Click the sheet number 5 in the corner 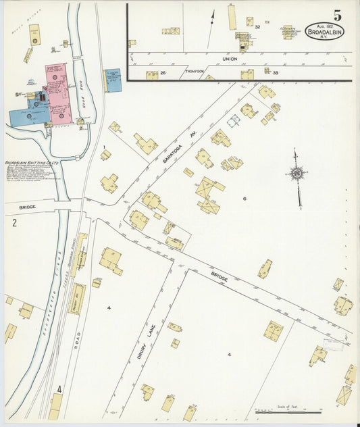[x=336, y=14]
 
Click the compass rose [x=296, y=174]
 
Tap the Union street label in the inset [x=230, y=59]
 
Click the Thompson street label [x=195, y=71]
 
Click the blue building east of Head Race [x=113, y=80]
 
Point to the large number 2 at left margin [x=14, y=222]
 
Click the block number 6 [x=245, y=199]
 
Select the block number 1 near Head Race [x=105, y=147]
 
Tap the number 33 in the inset [x=276, y=72]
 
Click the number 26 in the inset [x=162, y=72]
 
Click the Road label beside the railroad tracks [x=78, y=336]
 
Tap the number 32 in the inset [x=258, y=27]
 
